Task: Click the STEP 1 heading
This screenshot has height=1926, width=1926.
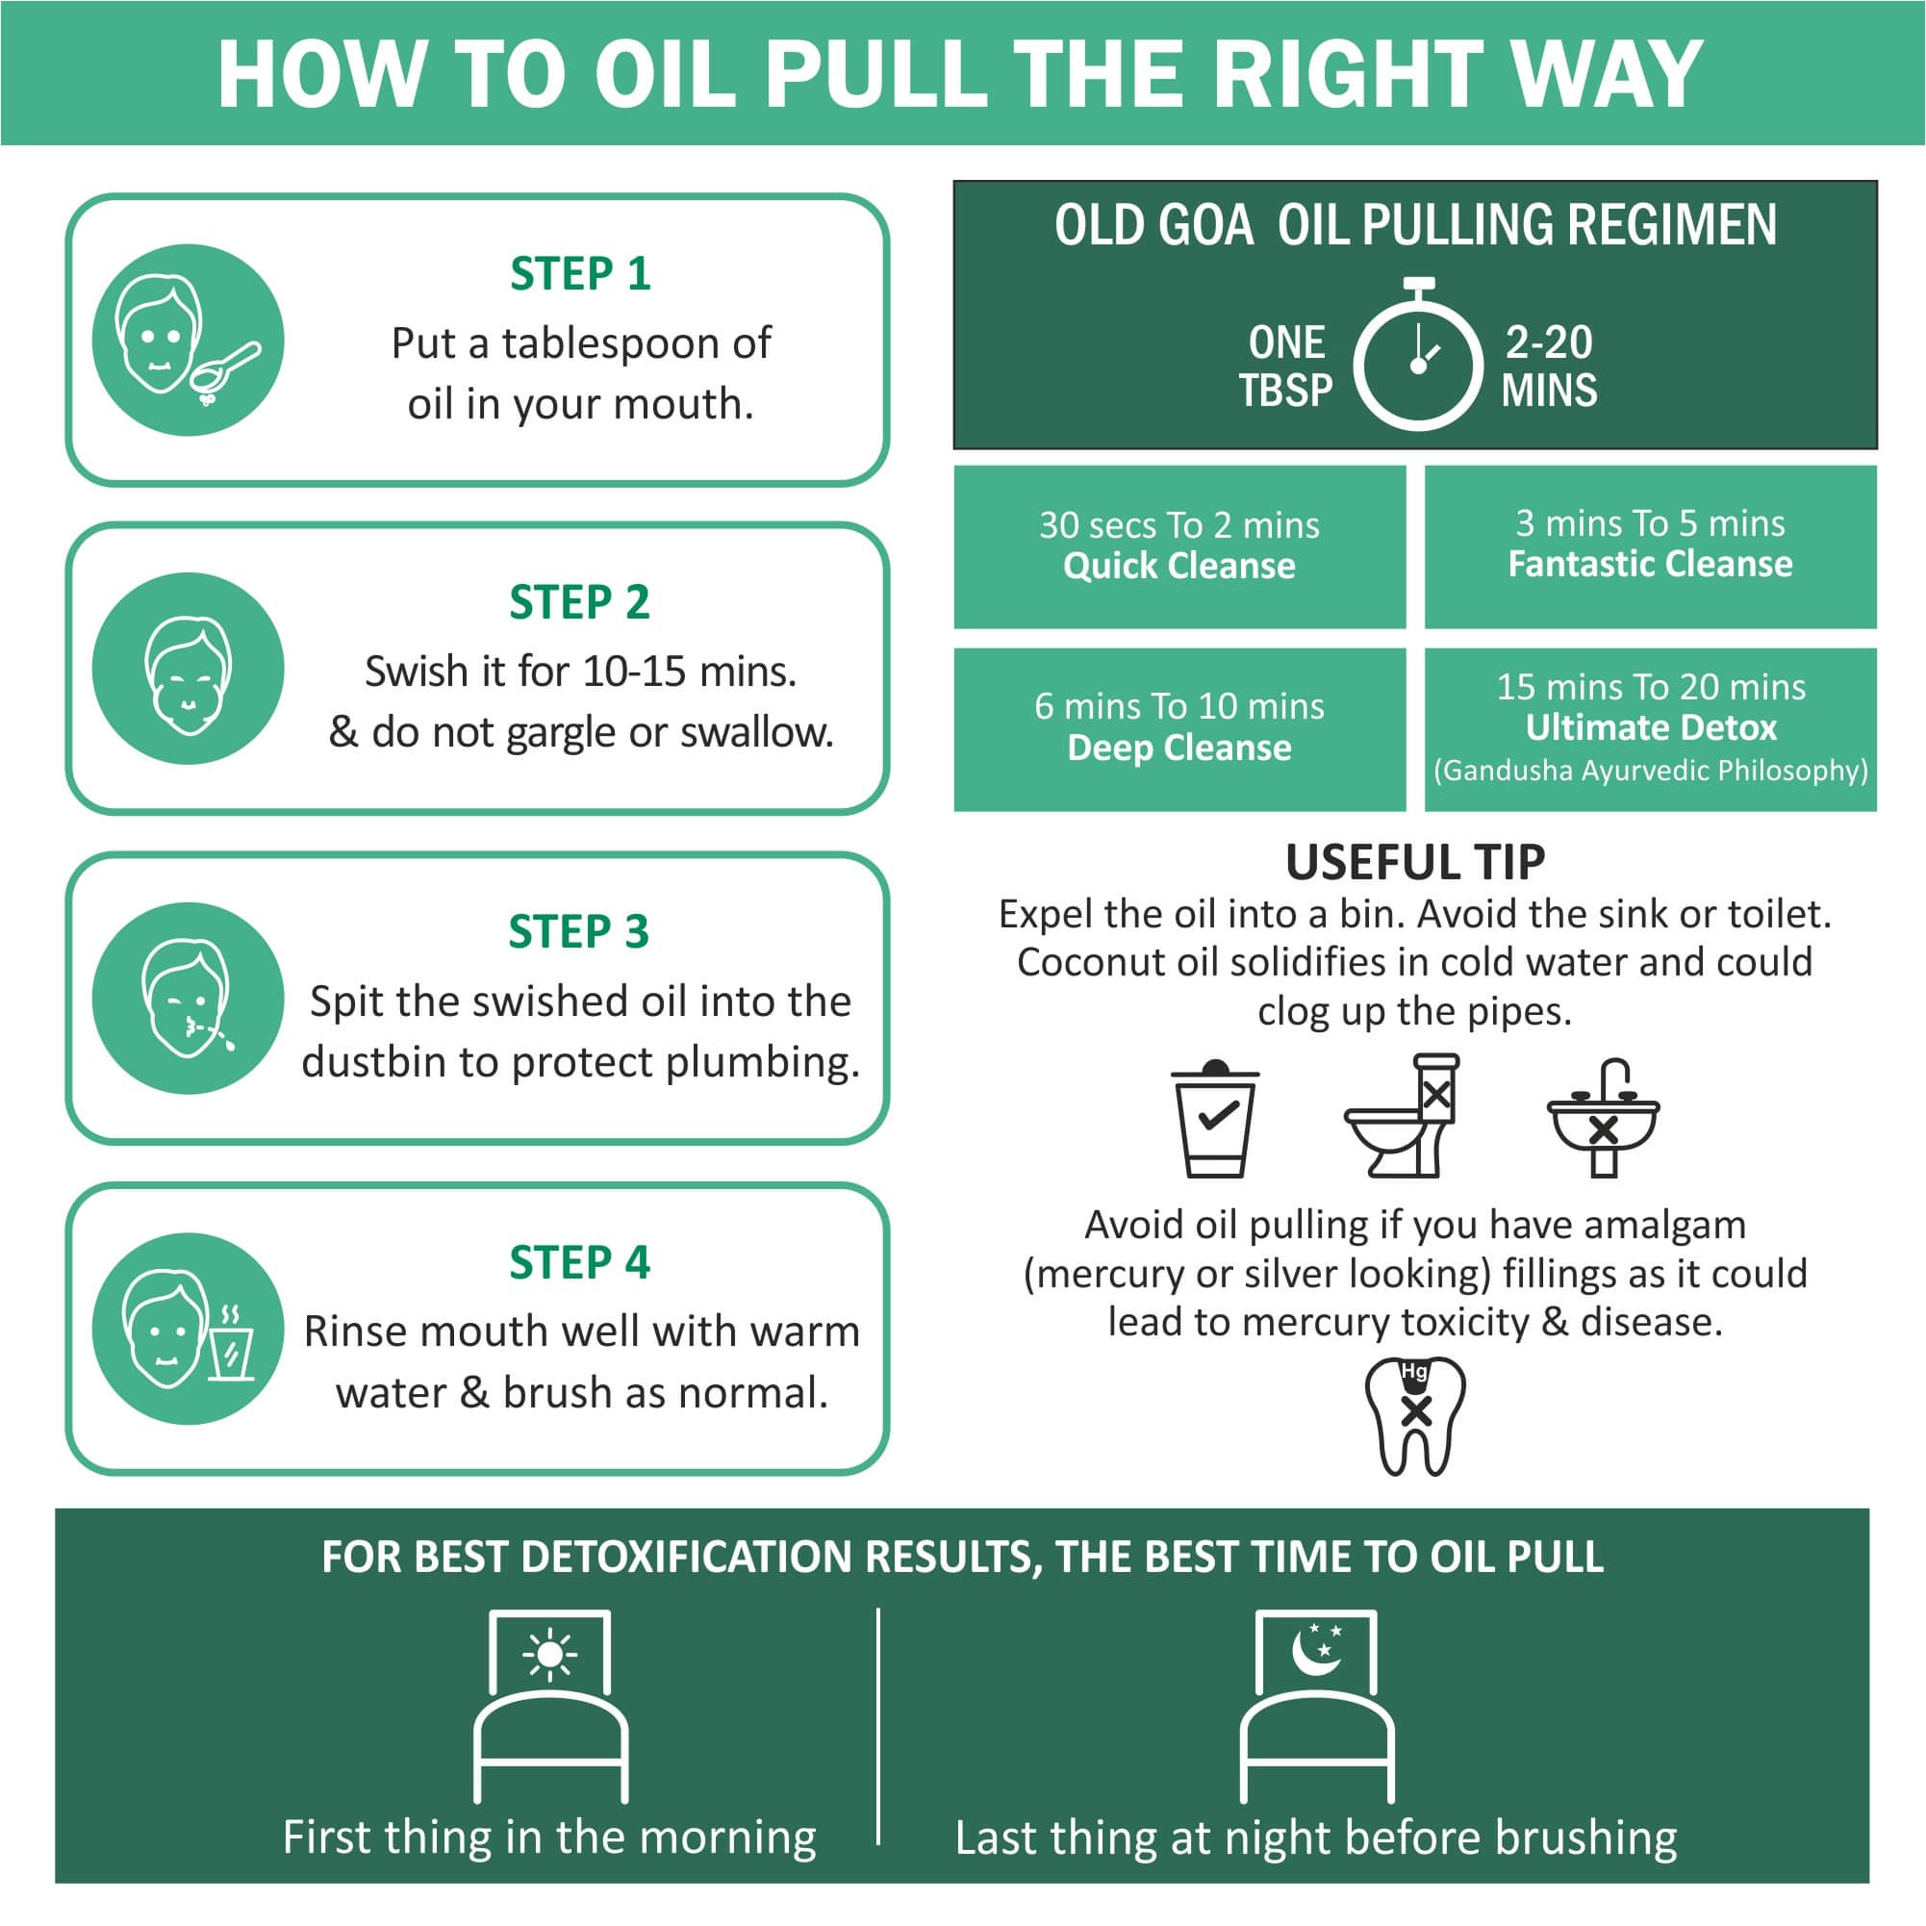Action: pyautogui.click(x=580, y=274)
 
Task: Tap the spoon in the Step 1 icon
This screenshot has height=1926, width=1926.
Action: pyautogui.click(x=227, y=366)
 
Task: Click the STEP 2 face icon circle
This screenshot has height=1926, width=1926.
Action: pyautogui.click(x=188, y=668)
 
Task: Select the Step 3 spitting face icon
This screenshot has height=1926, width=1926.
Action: pyautogui.click(x=188, y=998)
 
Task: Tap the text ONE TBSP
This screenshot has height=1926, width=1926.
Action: pyautogui.click(x=1285, y=366)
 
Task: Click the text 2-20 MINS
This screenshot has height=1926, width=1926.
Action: pyautogui.click(x=1548, y=366)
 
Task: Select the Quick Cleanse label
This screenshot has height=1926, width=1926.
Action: pyautogui.click(x=1178, y=567)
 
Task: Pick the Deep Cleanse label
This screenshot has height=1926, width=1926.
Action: pyautogui.click(x=1178, y=748)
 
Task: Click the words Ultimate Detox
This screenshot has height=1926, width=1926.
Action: pyautogui.click(x=1650, y=727)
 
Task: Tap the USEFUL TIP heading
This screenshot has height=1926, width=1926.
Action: pyautogui.click(x=1414, y=862)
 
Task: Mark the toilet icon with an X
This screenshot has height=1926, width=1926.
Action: pyautogui.click(x=1404, y=1119)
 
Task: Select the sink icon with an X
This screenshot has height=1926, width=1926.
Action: pyautogui.click(x=1603, y=1119)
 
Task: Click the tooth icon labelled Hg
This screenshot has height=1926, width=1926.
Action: pyautogui.click(x=1415, y=1415)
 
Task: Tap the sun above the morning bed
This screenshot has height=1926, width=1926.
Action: pyautogui.click(x=549, y=1656)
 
